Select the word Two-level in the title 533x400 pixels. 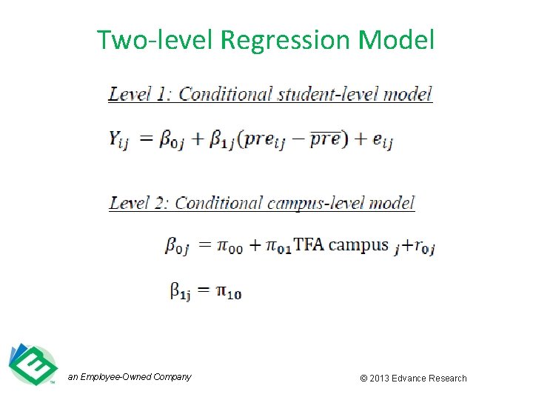155,40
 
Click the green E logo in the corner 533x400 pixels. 32,364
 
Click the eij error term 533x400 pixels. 381,140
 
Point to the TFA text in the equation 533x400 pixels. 309,244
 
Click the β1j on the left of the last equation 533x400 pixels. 181,292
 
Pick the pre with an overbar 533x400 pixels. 325,139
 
